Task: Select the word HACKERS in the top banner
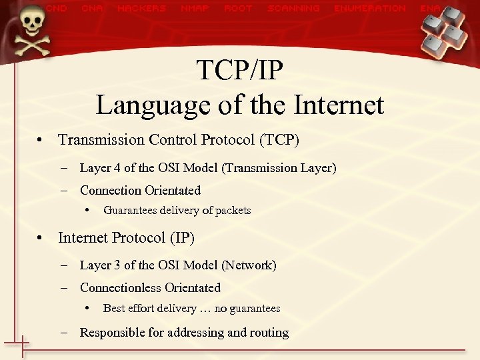pyautogui.click(x=141, y=9)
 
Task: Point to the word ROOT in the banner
pyautogui.click(x=238, y=9)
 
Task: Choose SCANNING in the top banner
pyautogui.click(x=293, y=9)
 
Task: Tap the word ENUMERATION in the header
pyautogui.click(x=370, y=9)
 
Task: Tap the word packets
pyautogui.click(x=233, y=211)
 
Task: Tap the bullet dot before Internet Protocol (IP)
pyautogui.click(x=41, y=238)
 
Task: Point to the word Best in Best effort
pyautogui.click(x=113, y=309)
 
